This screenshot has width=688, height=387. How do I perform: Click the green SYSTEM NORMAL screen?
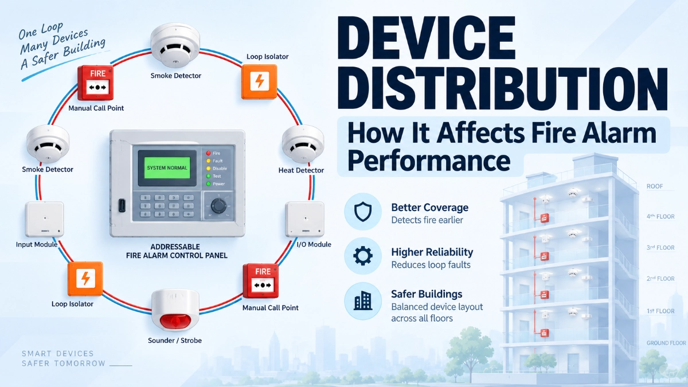click(167, 167)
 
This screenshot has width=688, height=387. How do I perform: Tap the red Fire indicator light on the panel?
click(208, 153)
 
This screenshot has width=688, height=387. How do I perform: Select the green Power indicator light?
click(208, 183)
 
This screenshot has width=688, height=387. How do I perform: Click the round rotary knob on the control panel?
click(218, 205)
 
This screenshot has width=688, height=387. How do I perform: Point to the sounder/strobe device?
click(175, 311)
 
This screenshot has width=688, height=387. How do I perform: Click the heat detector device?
click(303, 144)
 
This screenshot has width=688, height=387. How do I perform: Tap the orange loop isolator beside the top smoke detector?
click(259, 81)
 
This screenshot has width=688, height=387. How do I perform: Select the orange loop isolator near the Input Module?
click(85, 279)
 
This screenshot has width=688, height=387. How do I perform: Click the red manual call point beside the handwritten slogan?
click(96, 83)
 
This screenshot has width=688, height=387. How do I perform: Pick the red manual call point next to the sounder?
click(261, 281)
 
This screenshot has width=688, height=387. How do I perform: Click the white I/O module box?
click(304, 219)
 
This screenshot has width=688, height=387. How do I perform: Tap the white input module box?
click(45, 219)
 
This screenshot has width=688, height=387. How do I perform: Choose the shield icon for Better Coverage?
click(363, 212)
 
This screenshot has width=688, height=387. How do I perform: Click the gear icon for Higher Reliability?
click(363, 256)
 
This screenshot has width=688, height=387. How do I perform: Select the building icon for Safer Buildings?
click(363, 300)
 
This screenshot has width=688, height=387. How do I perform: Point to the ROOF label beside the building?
click(655, 186)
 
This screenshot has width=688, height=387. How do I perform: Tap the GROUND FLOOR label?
click(666, 343)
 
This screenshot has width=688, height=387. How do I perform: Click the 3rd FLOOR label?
click(660, 248)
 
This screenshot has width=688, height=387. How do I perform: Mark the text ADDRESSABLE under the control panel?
click(175, 247)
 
